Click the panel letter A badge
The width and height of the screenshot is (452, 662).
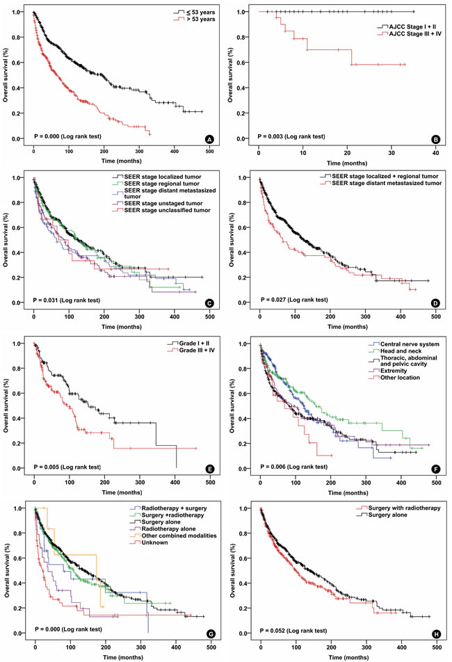(x=207, y=140)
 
